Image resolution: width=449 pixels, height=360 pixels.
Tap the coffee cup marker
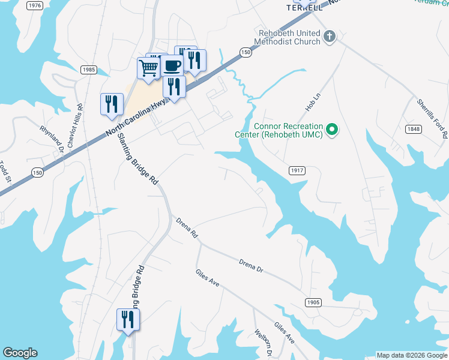pyautogui.click(x=172, y=65)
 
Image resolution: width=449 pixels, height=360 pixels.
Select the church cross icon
pyautogui.click(x=329, y=37)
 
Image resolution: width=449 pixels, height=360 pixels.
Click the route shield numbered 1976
pyautogui.click(x=35, y=5)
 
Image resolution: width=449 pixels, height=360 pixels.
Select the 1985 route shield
pyautogui.click(x=88, y=70)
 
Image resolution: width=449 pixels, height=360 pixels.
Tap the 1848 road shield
pyautogui.click(x=413, y=129)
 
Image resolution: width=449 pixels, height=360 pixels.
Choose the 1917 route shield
pyautogui.click(x=297, y=170)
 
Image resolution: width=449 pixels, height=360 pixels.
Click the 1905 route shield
pyautogui.click(x=313, y=302)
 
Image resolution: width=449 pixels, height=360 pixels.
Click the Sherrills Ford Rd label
pyautogui.click(x=433, y=116)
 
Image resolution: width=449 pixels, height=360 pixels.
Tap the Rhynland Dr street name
pyautogui.click(x=51, y=139)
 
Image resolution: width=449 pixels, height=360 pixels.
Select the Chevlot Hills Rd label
pyautogui.click(x=75, y=125)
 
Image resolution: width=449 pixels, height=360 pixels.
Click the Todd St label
pyautogui.click(x=5, y=172)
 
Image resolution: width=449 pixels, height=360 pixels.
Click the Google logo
pyautogui.click(x=20, y=353)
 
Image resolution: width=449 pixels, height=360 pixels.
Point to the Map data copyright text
pyautogui.click(x=412, y=355)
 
